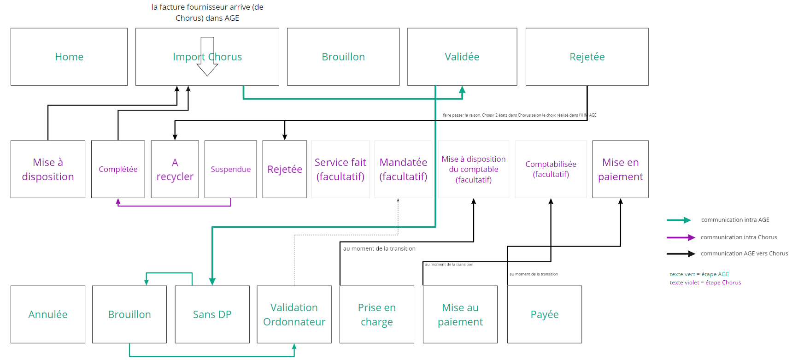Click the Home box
pos(69,57)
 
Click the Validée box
pos(462,57)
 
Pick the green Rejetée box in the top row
pos(587,57)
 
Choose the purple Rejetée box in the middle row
pos(285,169)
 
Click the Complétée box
pos(118,169)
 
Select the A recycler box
pos(175,169)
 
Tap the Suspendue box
pos(230,169)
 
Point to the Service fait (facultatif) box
pos(340,169)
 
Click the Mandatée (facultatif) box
pos(403,169)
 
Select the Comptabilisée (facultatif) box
pos(551,169)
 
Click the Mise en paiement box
pos(620,169)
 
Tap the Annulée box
pos(48,314)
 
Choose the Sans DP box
pos(212,314)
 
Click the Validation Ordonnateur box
pos(294,314)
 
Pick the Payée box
pos(544,314)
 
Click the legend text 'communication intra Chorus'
pos(739,237)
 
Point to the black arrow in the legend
pos(681,254)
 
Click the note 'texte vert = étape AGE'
pos(699,274)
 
